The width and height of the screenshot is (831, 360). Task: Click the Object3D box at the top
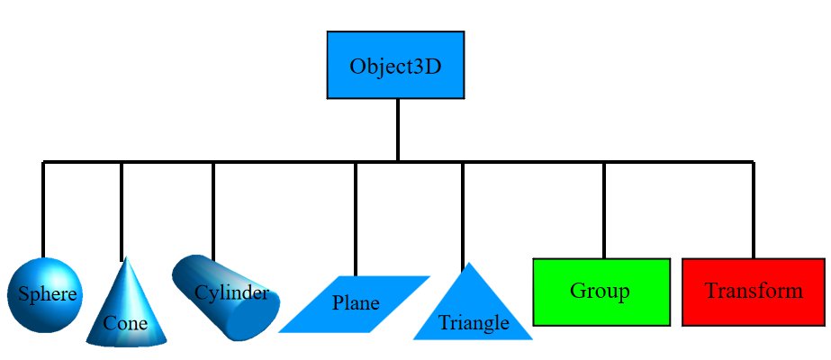[395, 65]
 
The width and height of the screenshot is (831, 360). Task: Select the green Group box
[601, 292]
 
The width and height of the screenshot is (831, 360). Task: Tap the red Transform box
[753, 292]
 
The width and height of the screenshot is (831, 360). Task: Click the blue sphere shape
[45, 295]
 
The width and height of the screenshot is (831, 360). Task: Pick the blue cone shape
[126, 307]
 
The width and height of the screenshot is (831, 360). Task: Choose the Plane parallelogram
[354, 304]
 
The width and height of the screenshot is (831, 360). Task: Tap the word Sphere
[48, 293]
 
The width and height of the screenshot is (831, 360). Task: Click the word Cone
[125, 322]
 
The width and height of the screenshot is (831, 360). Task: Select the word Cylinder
[231, 292]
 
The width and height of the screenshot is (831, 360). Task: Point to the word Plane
[356, 302]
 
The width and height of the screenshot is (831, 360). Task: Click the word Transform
[754, 291]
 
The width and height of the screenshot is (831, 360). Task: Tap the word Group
[600, 292]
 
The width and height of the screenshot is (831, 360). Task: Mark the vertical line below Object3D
[397, 130]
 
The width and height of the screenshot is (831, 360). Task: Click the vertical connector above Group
[604, 211]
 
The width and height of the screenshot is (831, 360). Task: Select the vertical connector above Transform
[753, 211]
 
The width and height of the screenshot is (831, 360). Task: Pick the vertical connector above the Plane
[356, 220]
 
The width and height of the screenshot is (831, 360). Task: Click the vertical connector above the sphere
[43, 210]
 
